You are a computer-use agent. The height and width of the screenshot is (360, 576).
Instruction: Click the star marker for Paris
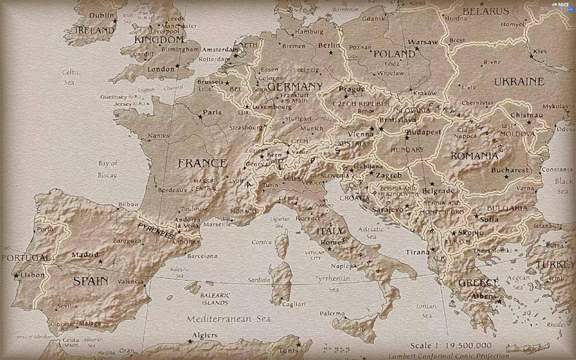(x=200, y=117)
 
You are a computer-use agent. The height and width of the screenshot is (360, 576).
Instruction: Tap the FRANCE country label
(x=202, y=163)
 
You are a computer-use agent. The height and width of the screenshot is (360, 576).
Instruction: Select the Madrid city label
(x=85, y=255)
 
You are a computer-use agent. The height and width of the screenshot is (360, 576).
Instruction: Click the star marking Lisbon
(x=16, y=275)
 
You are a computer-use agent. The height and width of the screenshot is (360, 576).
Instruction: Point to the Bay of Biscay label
(x=108, y=169)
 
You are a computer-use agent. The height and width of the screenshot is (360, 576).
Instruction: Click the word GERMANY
(x=295, y=87)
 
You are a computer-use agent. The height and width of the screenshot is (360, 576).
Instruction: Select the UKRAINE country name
(x=519, y=82)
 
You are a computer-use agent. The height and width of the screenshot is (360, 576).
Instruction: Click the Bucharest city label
(x=510, y=170)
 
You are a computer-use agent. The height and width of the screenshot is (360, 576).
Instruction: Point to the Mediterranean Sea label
(x=228, y=319)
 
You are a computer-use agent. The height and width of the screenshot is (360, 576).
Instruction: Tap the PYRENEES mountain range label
(x=156, y=231)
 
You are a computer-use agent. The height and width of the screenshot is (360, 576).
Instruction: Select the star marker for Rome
(x=329, y=249)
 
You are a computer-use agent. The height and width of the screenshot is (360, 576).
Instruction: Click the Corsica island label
(x=262, y=242)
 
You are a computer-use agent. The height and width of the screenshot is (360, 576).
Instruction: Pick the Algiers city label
(x=205, y=335)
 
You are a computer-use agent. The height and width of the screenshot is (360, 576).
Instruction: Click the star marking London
(x=177, y=66)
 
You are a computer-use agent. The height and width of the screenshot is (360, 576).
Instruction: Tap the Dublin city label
(x=102, y=15)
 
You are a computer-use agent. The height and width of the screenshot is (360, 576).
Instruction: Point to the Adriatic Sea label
(x=371, y=233)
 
